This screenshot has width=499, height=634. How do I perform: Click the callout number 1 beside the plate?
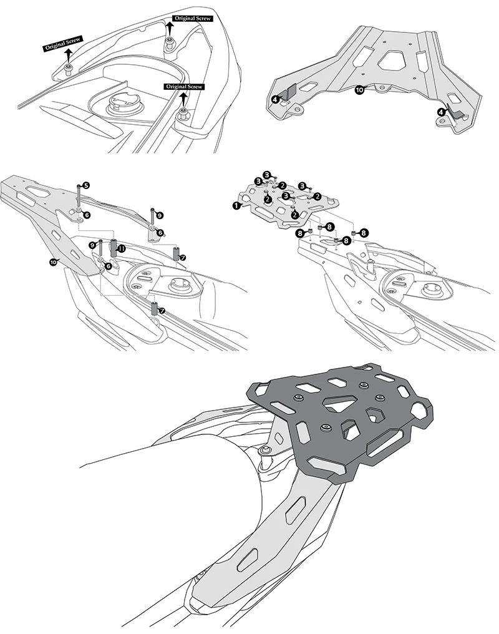click(x=236, y=205)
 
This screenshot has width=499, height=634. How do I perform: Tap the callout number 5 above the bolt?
click(x=85, y=185)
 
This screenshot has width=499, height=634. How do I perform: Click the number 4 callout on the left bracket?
click(x=276, y=98)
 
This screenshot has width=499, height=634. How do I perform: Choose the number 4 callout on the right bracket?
click(x=442, y=111)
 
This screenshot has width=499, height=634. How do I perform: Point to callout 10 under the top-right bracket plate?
click(x=359, y=90)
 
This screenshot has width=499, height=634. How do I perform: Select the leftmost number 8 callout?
click(x=299, y=233)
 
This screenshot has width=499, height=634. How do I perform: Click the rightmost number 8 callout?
click(x=364, y=232)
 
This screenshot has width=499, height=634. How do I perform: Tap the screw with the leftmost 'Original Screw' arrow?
click(x=69, y=69)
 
